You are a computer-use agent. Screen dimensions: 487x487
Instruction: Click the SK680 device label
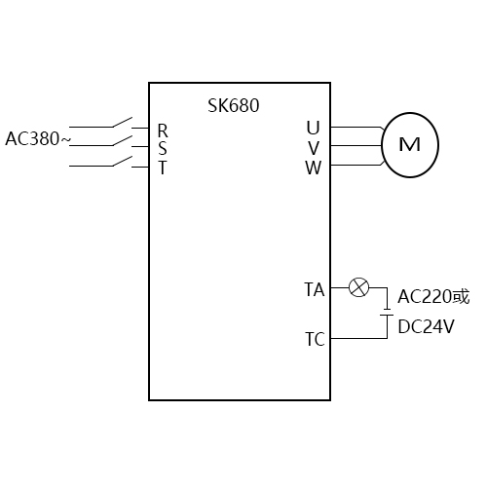tap(234, 105)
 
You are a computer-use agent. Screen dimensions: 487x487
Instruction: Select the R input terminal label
tap(163, 130)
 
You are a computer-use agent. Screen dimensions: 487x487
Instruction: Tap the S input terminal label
tap(163, 148)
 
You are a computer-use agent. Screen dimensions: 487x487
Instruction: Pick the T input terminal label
tap(163, 167)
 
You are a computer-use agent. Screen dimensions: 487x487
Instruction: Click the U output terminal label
tap(312, 129)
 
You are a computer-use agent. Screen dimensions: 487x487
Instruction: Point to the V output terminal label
tap(313, 147)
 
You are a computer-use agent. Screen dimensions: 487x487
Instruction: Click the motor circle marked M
tap(409, 145)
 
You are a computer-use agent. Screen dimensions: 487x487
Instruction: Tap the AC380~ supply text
tap(38, 138)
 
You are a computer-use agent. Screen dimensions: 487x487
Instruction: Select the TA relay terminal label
tap(314, 288)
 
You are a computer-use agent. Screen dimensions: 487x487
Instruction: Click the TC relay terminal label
tap(314, 339)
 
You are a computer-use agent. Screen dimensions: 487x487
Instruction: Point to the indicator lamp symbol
tap(359, 287)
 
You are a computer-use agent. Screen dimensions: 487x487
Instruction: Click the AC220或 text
tap(433, 296)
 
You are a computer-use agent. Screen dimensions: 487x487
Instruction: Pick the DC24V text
tap(426, 326)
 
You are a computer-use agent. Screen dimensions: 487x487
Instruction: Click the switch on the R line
tap(122, 124)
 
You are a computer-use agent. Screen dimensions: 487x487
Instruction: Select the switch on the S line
tap(122, 142)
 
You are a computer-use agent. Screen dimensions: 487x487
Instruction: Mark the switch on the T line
tap(122, 161)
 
